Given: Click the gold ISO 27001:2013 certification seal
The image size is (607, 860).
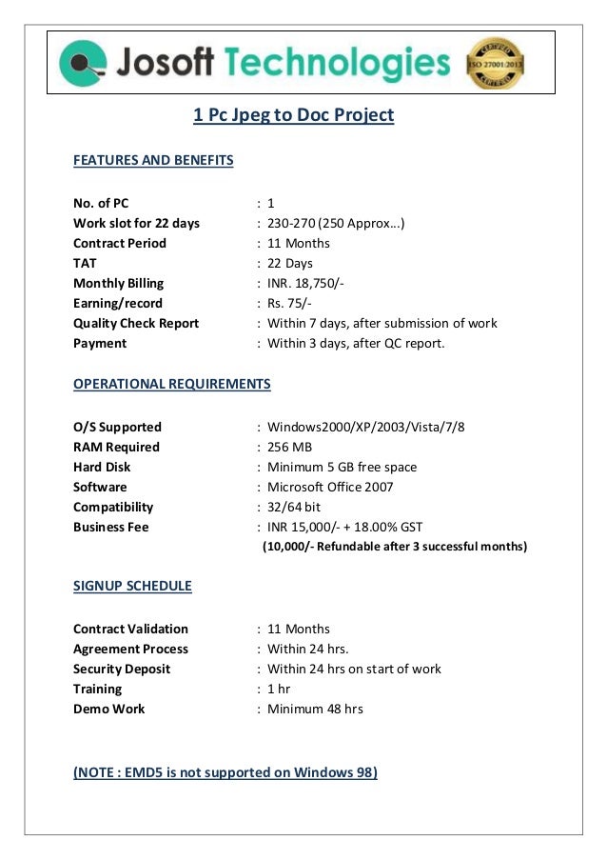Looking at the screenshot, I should (495, 63).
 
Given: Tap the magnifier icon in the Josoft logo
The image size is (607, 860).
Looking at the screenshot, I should (80, 64).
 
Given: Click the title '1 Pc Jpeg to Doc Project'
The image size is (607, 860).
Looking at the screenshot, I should (293, 115).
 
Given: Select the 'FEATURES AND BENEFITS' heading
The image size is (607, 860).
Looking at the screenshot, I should (153, 160).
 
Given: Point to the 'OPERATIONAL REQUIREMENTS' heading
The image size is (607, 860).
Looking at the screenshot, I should (172, 384).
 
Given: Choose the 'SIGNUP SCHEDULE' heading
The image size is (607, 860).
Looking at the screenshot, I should (132, 586).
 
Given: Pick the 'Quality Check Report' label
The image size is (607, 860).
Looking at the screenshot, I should (136, 323).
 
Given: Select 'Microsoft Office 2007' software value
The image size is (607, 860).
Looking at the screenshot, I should (330, 487).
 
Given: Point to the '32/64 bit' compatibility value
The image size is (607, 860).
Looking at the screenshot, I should (294, 507).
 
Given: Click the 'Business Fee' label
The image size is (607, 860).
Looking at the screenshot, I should (111, 527).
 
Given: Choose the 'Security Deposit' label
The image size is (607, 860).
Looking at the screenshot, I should (122, 669).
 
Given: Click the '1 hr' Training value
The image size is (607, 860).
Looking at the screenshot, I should (279, 689).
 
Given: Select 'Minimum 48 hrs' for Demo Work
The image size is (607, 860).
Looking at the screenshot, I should (315, 709).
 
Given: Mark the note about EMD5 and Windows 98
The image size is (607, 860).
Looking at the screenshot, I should (225, 772).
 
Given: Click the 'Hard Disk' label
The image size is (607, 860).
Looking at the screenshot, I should (102, 467).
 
